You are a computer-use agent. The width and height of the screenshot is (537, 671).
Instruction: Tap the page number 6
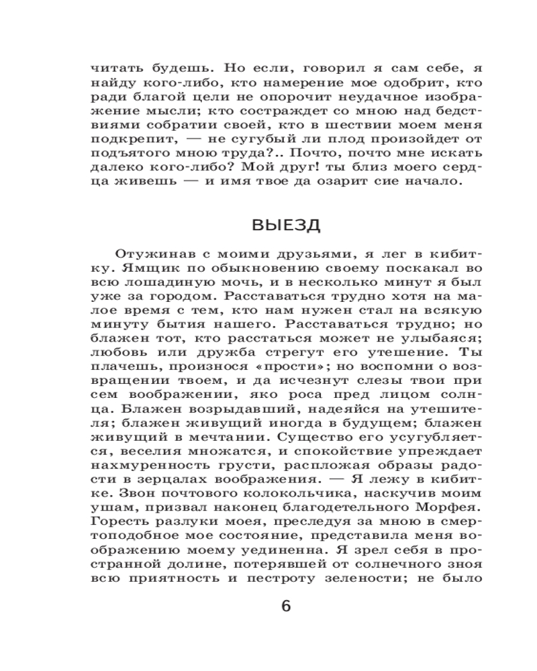coord(286,607)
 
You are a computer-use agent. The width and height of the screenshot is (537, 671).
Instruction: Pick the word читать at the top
coord(113,69)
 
